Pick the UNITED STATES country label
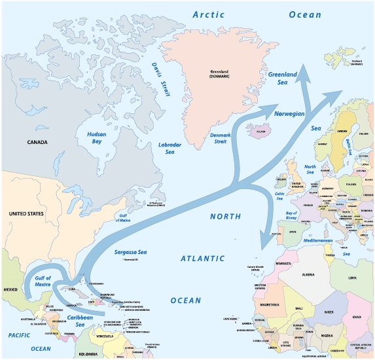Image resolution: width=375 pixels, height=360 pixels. (x=26, y=213)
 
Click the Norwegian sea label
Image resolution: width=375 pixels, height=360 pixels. (x=289, y=113)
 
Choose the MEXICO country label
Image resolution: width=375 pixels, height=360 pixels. (x=12, y=288)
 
